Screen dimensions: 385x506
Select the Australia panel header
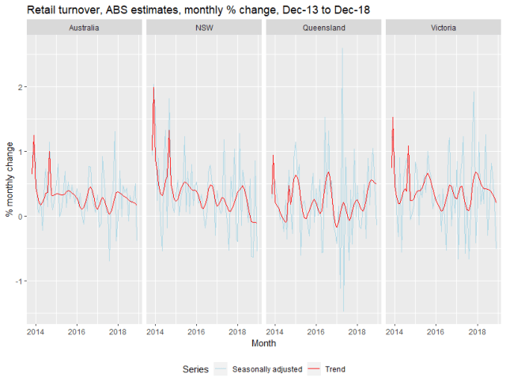85,27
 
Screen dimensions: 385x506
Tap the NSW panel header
204,27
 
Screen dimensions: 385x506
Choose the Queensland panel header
323,27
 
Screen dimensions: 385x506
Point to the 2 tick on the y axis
19,86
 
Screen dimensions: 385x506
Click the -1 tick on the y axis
17,281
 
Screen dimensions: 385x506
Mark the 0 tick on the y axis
19,217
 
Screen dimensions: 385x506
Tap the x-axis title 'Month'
264,344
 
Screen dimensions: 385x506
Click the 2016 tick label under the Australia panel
77,330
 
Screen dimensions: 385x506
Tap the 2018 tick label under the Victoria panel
477,330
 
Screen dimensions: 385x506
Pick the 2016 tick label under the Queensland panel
315,330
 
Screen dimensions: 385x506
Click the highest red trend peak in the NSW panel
153,87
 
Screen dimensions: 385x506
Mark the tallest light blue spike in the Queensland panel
342,49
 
